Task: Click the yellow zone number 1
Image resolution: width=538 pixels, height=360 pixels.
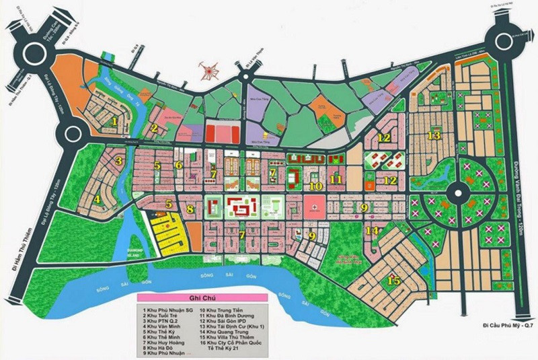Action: (115, 122)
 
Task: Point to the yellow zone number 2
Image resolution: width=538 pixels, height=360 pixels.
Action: (155, 129)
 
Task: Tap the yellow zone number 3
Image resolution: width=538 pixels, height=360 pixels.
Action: (118, 161)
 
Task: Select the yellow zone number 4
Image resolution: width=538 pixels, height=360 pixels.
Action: (98, 199)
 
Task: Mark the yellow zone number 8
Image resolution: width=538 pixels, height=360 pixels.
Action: (190, 209)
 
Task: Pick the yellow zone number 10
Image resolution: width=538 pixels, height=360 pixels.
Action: (315, 185)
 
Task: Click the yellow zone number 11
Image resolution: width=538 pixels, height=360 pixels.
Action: (337, 179)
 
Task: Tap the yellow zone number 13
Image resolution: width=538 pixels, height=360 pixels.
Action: (434, 135)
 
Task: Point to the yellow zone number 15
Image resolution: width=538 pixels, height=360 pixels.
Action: (394, 281)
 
